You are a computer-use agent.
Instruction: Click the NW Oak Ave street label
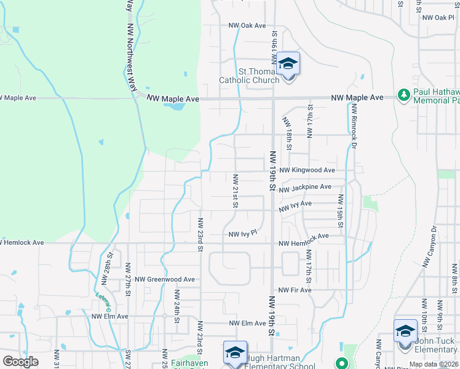247,26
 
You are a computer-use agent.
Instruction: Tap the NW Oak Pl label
438,18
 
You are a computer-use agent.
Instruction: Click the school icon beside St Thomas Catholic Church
287,65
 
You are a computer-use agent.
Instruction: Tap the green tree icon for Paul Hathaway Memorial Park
404,95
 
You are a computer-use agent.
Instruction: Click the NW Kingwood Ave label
307,170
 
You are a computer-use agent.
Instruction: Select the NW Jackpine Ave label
305,187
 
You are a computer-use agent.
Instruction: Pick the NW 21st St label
235,191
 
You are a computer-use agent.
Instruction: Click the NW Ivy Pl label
242,234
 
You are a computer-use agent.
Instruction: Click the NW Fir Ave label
295,290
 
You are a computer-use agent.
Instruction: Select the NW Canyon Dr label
429,247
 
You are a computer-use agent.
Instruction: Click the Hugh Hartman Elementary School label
280,362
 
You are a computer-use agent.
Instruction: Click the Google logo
20,362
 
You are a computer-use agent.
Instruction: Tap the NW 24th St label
176,307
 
